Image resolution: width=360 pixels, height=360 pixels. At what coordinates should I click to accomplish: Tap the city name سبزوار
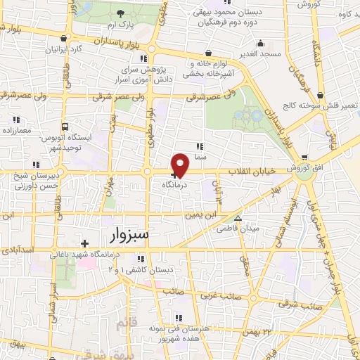pyautogui.click(x=130, y=234)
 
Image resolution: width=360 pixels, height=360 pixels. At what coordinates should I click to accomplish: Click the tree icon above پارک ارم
pyautogui.click(x=120, y=14)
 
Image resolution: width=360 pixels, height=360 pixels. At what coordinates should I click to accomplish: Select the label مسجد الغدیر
pyautogui.click(x=259, y=53)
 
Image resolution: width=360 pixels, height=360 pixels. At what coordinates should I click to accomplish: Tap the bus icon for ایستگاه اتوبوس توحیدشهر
pyautogui.click(x=65, y=127)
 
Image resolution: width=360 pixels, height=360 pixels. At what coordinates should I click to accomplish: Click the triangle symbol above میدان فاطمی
pyautogui.click(x=238, y=219)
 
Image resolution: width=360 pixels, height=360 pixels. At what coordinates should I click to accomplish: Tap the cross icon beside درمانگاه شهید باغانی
pyautogui.click(x=84, y=243)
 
